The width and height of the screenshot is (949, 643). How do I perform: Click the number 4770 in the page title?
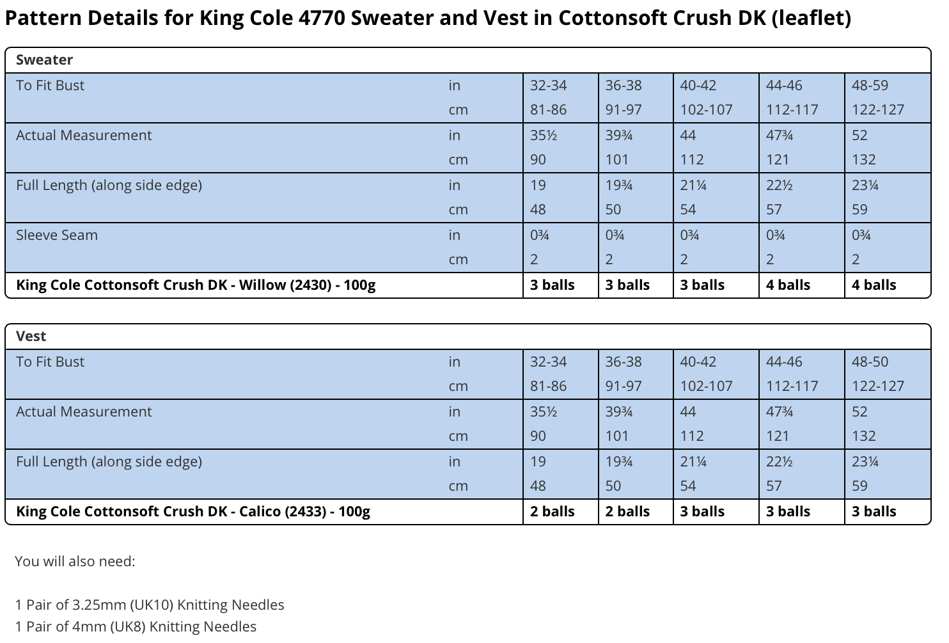pyautogui.click(x=322, y=18)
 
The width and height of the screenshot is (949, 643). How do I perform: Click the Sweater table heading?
pyautogui.click(x=45, y=60)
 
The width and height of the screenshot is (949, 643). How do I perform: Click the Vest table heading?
pyautogui.click(x=31, y=336)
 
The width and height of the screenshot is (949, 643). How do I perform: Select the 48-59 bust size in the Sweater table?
pyautogui.click(x=870, y=85)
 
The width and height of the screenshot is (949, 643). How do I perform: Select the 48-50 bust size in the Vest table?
pyautogui.click(x=870, y=361)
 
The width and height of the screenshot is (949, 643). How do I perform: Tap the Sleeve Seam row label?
pyautogui.click(x=57, y=235)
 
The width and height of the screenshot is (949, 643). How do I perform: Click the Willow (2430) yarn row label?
pyautogui.click(x=196, y=285)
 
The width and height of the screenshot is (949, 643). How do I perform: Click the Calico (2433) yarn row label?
pyautogui.click(x=193, y=511)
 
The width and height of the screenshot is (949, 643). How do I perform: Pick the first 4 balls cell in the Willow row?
pyautogui.click(x=788, y=285)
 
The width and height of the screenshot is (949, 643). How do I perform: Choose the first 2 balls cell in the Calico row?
pyautogui.click(x=552, y=511)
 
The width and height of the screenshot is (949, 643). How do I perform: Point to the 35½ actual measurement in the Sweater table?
pyautogui.click(x=543, y=135)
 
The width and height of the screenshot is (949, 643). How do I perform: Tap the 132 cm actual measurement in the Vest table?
pyautogui.click(x=863, y=436)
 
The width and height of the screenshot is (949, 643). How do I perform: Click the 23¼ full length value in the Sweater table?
pyautogui.click(x=865, y=186)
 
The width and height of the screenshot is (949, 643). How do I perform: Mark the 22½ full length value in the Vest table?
pyautogui.click(x=779, y=461)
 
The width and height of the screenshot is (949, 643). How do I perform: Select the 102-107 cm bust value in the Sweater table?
pyautogui.click(x=706, y=110)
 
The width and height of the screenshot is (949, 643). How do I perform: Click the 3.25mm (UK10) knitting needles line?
pyautogui.click(x=150, y=605)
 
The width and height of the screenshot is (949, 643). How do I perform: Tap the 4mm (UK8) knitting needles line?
pyautogui.click(x=136, y=626)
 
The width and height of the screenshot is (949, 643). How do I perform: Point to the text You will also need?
pyautogui.click(x=75, y=561)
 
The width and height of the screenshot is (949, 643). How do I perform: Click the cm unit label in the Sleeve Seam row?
pyautogui.click(x=459, y=259)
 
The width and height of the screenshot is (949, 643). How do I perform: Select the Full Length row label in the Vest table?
pyautogui.click(x=109, y=461)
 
